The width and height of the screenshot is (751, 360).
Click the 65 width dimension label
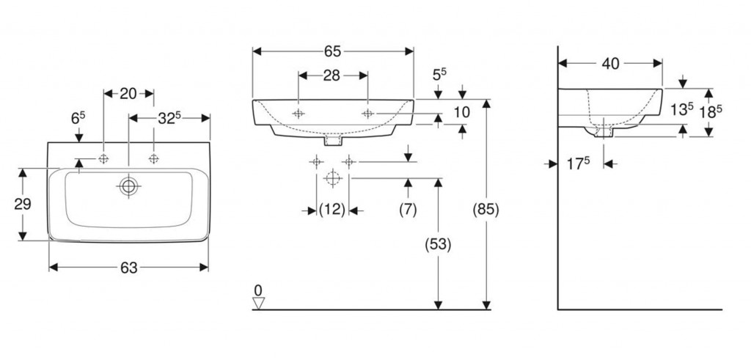pos(332,51)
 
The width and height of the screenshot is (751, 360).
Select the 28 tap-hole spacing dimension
pos(332,75)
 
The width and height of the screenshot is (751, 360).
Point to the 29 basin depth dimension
pos(23,203)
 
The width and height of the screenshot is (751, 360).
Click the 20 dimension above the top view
pos(128,93)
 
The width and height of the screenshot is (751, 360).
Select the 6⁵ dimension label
pos(78,118)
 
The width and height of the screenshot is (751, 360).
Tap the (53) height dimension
pos(437,243)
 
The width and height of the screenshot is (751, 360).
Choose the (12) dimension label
pos(332,210)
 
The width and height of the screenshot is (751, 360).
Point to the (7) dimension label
pos(408,210)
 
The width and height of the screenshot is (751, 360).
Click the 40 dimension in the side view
pos(610,64)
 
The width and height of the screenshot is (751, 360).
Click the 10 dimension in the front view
pos(462,112)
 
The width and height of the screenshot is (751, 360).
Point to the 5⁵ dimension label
pos(439,75)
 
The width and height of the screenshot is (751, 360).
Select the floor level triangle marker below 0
pos(257,302)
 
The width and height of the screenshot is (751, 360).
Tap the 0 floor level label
pos(257,288)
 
